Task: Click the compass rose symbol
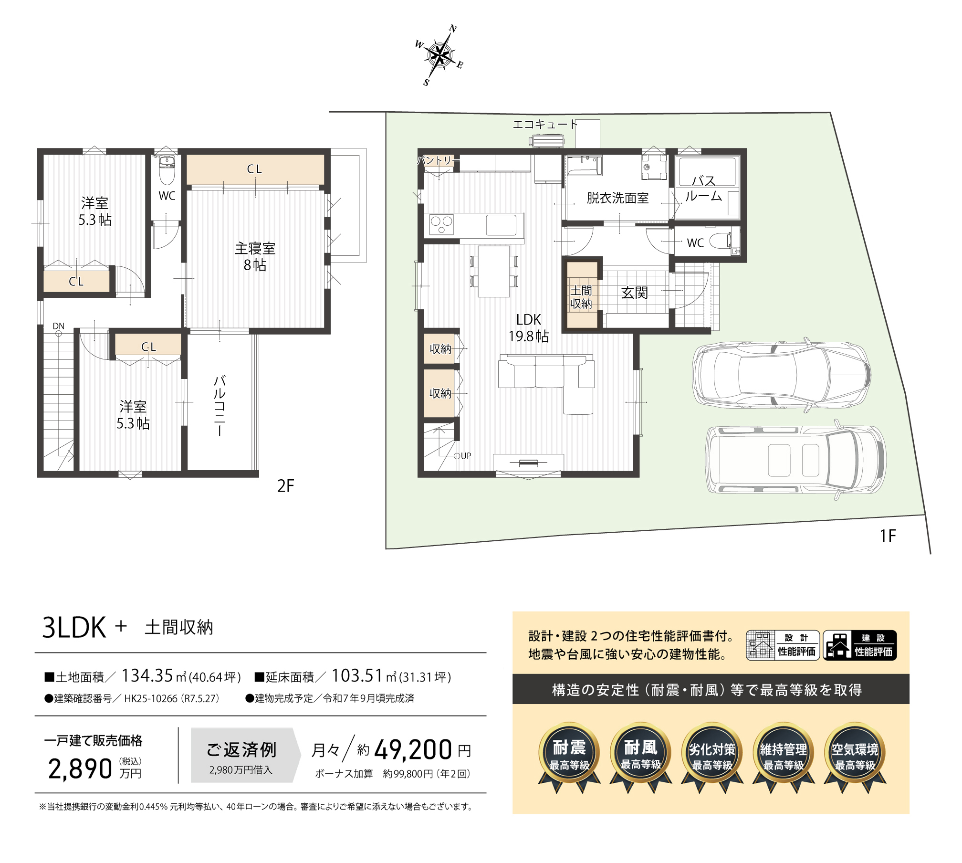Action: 439,55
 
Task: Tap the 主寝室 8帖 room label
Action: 255,256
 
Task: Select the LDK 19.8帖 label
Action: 529,327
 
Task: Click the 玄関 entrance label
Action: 635,293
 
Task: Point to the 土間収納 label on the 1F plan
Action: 581,297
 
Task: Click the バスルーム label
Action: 703,188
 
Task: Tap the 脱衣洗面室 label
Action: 617,198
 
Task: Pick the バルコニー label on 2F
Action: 219,406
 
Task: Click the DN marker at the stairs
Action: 59,326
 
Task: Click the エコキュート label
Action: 545,124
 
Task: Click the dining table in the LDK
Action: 494,271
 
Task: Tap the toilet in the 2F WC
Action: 167,169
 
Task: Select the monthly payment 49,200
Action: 413,749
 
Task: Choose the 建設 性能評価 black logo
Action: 860,645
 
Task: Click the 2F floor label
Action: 285,486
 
